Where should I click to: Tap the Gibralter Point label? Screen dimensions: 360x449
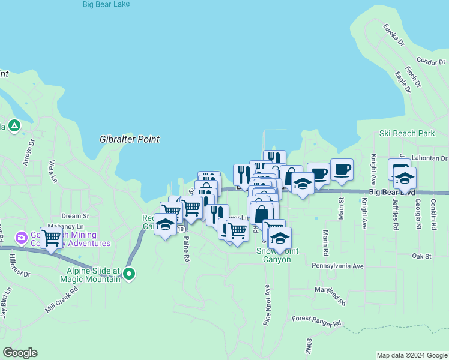pos(130,139)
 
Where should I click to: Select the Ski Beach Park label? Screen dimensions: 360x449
pos(406,133)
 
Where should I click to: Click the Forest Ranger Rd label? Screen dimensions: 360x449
pos(316,321)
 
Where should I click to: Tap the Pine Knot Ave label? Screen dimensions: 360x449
pos(267,304)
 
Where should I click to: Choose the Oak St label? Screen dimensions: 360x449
pos(421,256)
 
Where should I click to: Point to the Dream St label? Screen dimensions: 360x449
pos(75,216)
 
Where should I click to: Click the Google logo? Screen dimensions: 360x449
pos(20,352)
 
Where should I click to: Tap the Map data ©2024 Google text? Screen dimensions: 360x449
pos(411,355)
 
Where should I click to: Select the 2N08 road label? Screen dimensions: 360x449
pos(309,345)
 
